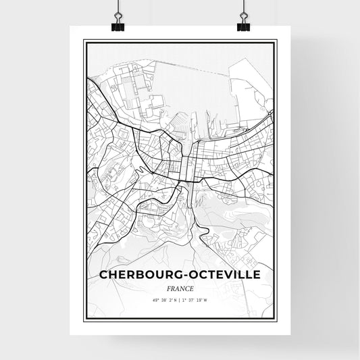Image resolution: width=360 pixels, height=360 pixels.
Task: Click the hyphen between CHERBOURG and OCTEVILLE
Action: coord(185,276)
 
